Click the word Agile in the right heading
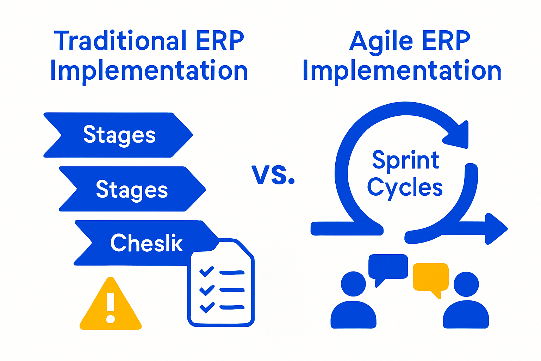click(x=381, y=41)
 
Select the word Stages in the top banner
click(x=119, y=135)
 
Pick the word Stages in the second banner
click(x=132, y=190)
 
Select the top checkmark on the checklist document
click(x=206, y=272)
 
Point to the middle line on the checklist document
click(x=232, y=290)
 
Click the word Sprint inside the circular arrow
click(x=405, y=160)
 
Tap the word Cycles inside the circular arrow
click(x=405, y=188)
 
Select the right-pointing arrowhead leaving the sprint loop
click(x=496, y=228)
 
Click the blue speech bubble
click(x=388, y=267)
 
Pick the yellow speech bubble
click(x=430, y=277)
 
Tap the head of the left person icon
click(x=353, y=284)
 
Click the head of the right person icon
click(x=466, y=284)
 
